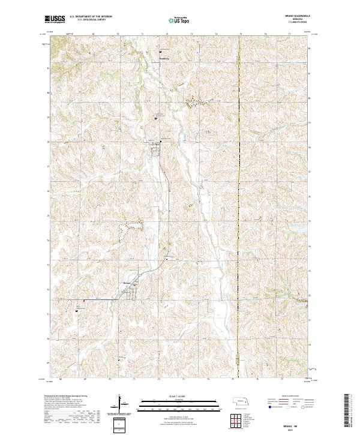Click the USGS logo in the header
[55, 20]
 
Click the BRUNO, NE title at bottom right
[294, 424]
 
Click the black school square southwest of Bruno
[77, 311]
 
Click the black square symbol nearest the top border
[160, 52]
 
